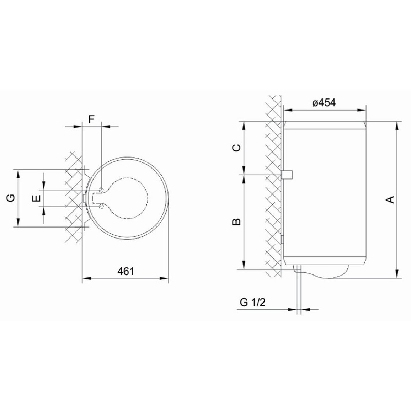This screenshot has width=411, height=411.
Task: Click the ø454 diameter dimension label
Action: [x=324, y=103]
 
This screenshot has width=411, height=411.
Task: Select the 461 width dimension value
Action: [x=126, y=271]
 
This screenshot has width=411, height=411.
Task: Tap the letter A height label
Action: [x=390, y=199]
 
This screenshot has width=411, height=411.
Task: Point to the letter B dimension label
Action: [x=236, y=222]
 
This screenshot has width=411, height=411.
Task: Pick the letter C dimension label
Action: [x=236, y=148]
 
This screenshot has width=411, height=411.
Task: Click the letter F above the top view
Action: [x=91, y=119]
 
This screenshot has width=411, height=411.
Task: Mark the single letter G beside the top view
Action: [x=11, y=198]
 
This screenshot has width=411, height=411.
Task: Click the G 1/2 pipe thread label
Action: [x=253, y=302]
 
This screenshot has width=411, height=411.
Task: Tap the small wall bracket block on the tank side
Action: [x=287, y=175]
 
